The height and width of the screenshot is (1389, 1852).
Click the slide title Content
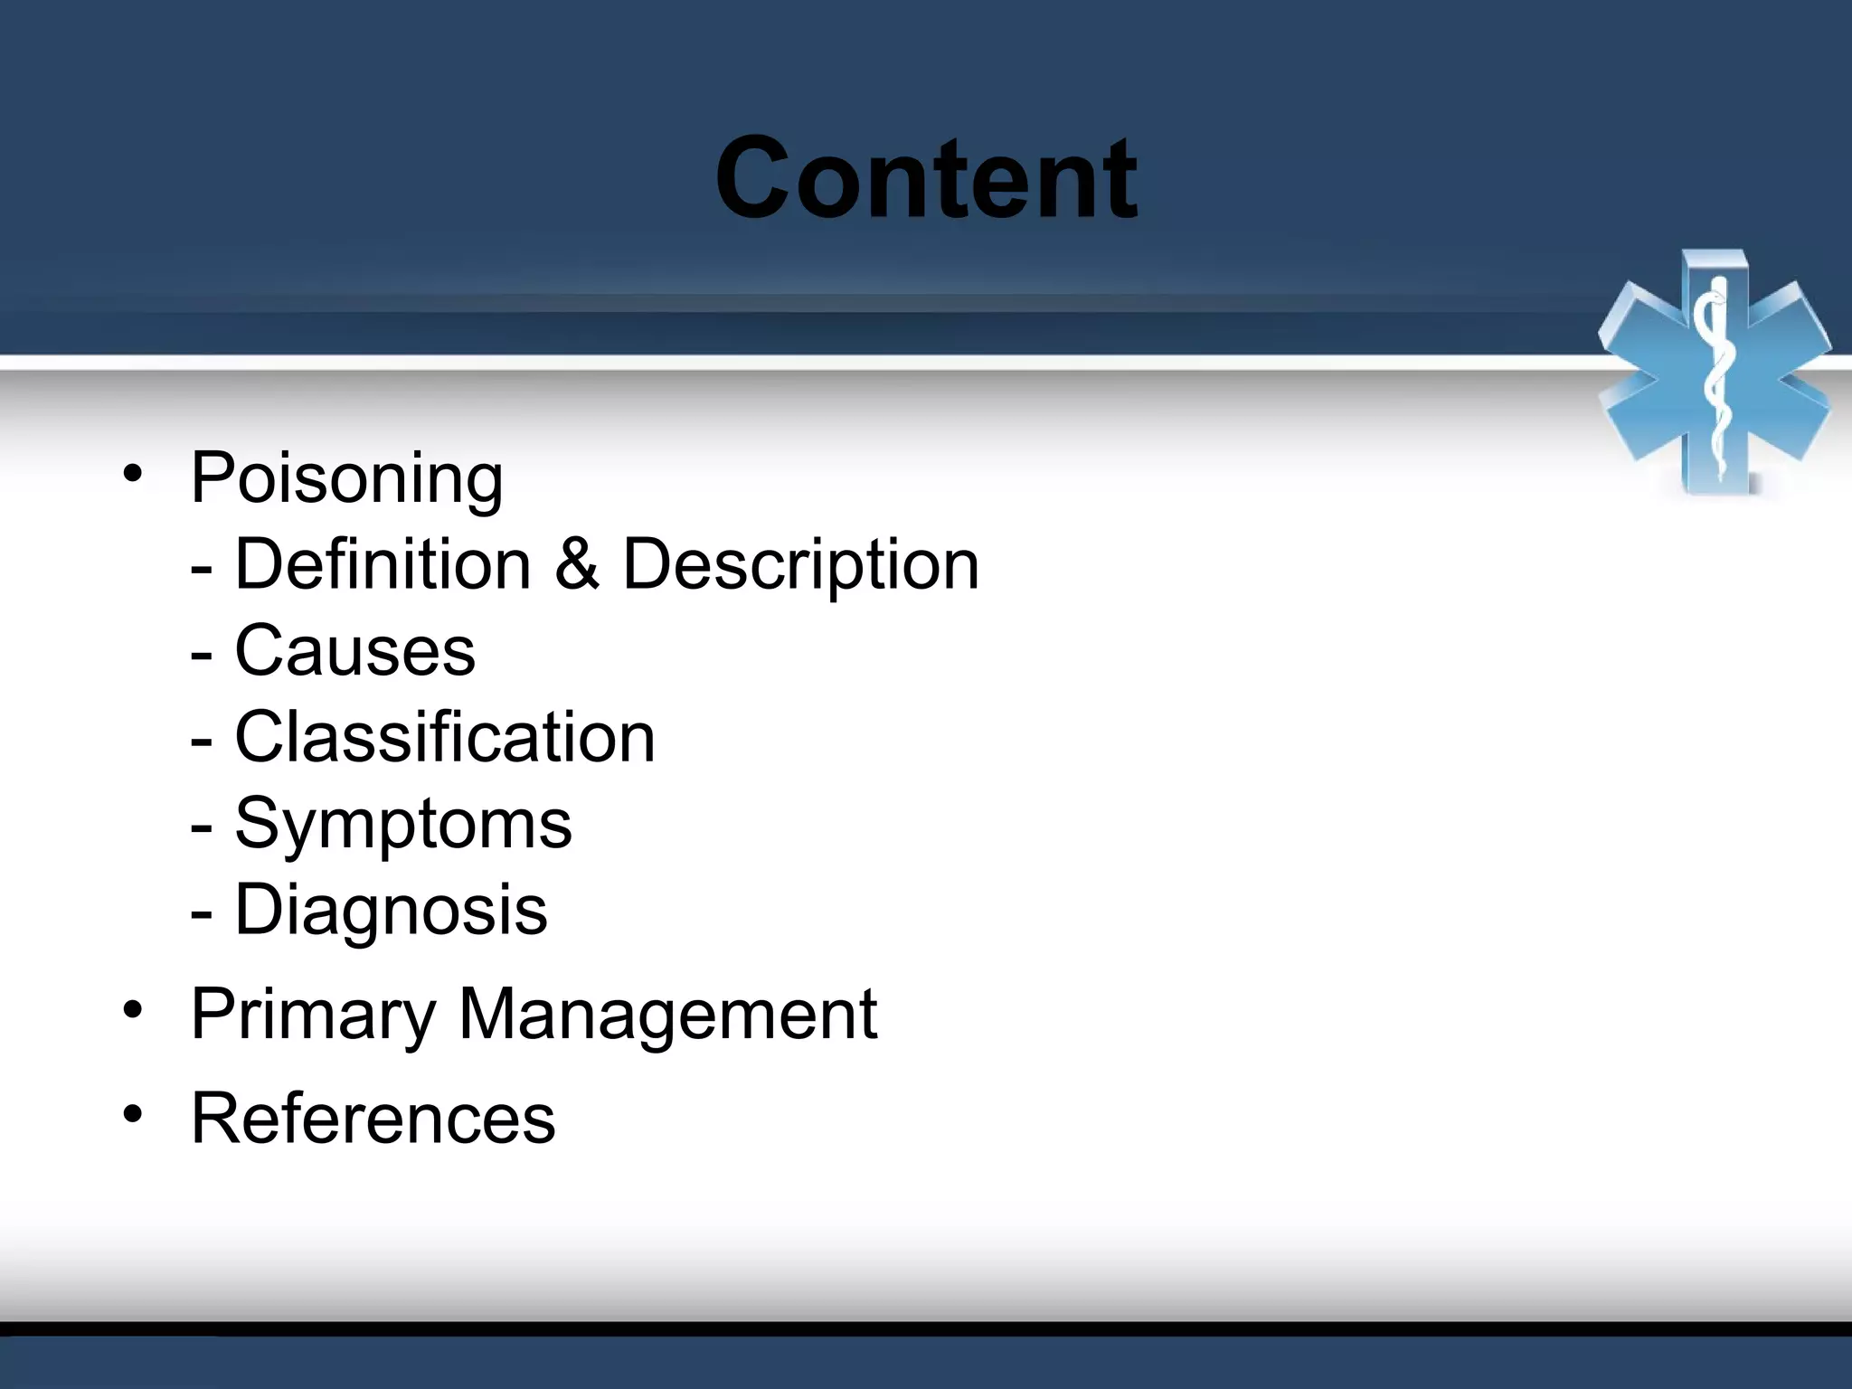926,178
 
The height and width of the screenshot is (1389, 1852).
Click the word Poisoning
346,479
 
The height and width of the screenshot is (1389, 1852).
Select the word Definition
383,565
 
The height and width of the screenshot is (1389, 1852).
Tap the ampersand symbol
577,565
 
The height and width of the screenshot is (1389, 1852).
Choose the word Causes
354,650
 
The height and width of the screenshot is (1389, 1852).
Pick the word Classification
445,737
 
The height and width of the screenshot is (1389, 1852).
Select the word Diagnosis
391,911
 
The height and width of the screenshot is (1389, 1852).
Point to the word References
373,1120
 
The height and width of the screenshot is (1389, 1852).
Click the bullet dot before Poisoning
133,474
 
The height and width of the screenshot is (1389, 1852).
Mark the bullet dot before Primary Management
133,1010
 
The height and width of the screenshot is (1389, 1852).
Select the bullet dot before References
133,1114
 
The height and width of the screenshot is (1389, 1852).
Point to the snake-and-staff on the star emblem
1714,380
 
